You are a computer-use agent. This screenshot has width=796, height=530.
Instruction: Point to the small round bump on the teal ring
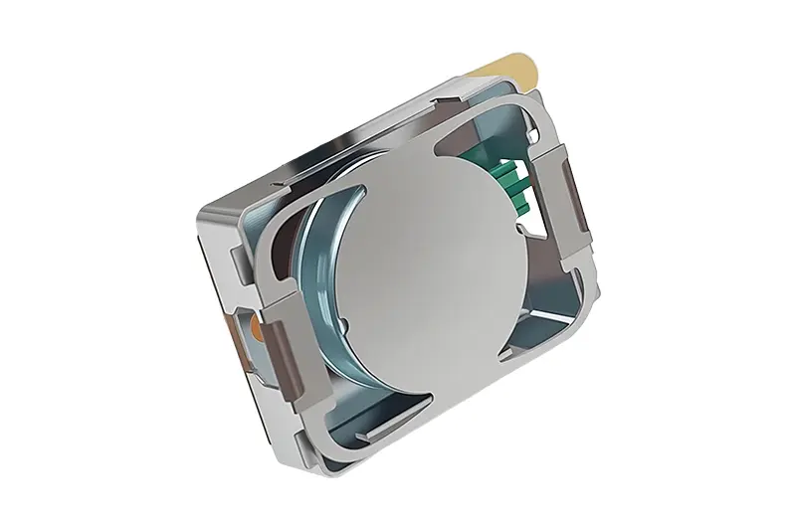[x=340, y=322]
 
